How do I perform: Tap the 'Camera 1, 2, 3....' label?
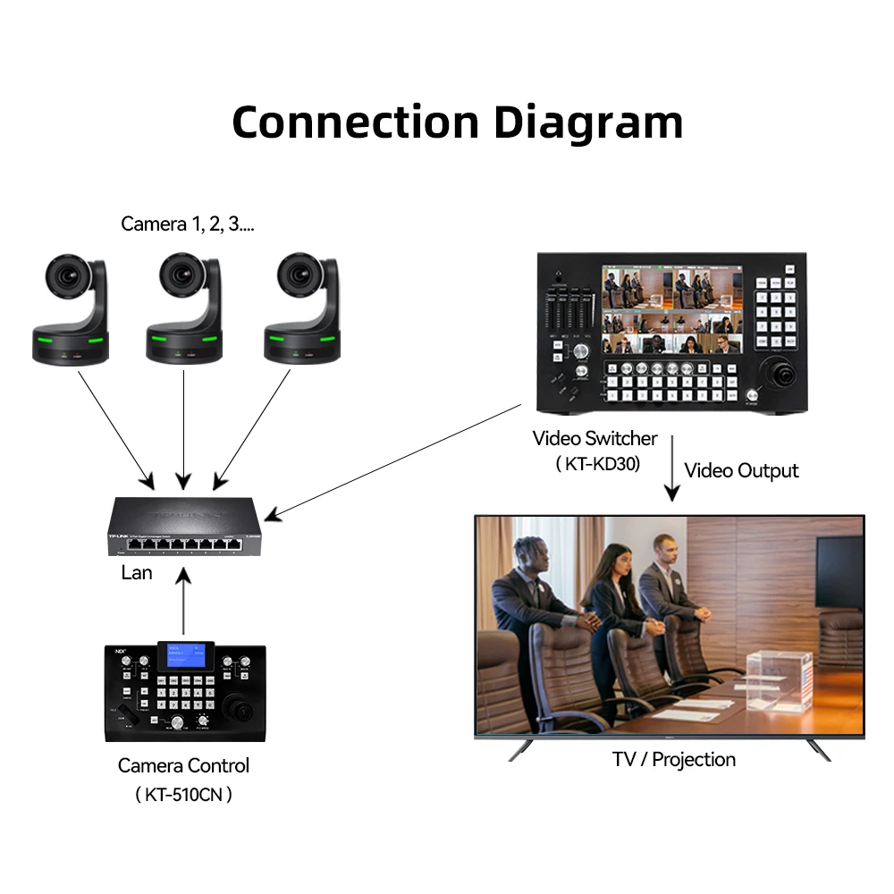[x=188, y=223]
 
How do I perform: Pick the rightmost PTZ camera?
[x=302, y=308]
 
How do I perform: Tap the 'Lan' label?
[x=137, y=572]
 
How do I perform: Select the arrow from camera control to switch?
[x=182, y=603]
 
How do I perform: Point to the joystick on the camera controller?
[x=241, y=708]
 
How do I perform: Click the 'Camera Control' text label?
[x=183, y=765]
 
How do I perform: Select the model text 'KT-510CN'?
[x=183, y=794]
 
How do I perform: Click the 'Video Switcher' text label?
[x=595, y=438]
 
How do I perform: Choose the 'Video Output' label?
[x=741, y=470]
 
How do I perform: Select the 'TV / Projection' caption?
[x=673, y=760]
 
